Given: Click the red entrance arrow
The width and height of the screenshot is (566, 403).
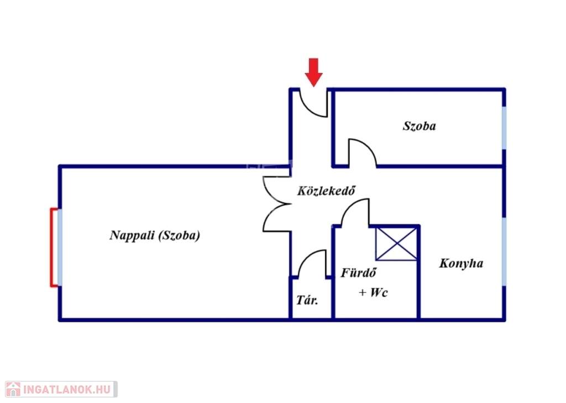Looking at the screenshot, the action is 314,72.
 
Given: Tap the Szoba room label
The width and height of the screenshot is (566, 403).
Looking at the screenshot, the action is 419,125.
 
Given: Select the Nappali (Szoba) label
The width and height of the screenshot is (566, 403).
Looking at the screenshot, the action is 155,235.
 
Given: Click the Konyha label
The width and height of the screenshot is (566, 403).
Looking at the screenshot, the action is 461,263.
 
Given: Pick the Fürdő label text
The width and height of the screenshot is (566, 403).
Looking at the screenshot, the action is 358,273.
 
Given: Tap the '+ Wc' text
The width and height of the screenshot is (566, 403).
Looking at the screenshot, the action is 373,292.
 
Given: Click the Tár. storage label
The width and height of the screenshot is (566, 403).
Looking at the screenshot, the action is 307,300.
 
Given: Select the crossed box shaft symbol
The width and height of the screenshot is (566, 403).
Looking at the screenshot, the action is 396,243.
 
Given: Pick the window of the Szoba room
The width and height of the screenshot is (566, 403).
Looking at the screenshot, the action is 504,128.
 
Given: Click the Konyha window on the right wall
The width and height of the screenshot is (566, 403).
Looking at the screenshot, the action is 504,252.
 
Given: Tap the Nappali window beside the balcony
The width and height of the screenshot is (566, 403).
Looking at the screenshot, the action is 60,247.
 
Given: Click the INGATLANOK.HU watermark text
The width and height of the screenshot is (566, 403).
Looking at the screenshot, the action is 67,390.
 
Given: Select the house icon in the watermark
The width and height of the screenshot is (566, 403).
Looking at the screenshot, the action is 13,389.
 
